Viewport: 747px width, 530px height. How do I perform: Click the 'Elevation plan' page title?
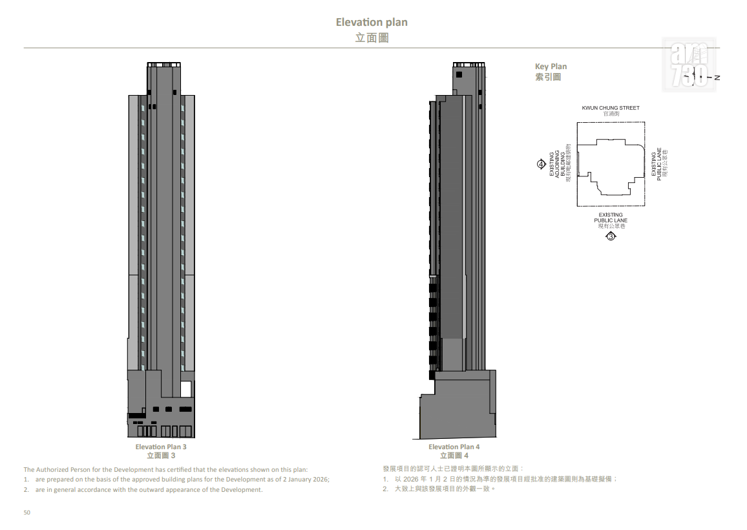click(x=372, y=22)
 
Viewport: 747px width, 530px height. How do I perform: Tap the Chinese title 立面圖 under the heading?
click(x=372, y=37)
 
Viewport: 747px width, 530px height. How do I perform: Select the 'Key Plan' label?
click(x=551, y=66)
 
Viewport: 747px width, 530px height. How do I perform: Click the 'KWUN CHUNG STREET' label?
click(x=610, y=108)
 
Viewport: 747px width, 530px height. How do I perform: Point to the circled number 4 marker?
click(x=542, y=164)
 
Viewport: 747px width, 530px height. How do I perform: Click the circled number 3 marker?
click(x=611, y=236)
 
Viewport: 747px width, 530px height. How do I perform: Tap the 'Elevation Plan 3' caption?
click(x=160, y=447)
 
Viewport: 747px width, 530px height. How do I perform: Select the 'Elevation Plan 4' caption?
click(x=454, y=447)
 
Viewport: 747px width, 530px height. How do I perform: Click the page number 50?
click(x=26, y=513)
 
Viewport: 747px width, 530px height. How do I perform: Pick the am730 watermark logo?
click(x=689, y=65)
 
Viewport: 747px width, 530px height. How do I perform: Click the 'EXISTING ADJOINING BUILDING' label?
click(x=557, y=164)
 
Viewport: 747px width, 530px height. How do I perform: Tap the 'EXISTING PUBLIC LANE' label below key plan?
click(x=610, y=217)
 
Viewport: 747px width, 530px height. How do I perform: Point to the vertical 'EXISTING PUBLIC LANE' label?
click(x=656, y=164)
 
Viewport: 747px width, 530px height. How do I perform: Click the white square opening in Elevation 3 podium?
click(x=186, y=389)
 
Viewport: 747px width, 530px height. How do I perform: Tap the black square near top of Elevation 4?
click(x=459, y=74)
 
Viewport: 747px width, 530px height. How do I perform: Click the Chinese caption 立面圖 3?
click(x=160, y=456)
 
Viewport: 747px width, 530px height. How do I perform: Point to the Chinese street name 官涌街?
click(x=611, y=114)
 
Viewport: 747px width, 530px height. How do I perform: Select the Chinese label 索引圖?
click(x=548, y=77)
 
